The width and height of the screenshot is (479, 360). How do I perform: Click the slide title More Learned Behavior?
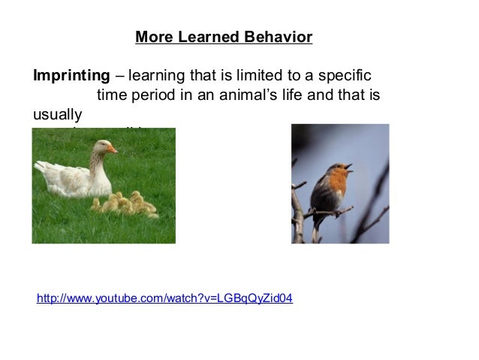coord(224,37)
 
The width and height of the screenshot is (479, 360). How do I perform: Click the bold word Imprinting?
coord(71,77)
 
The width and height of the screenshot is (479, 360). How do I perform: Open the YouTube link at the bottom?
coord(165,299)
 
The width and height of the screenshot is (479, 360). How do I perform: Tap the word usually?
coord(56,116)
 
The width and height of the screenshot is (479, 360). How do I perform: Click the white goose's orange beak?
coord(111,150)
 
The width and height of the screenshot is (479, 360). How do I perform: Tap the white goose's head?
coord(99,148)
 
